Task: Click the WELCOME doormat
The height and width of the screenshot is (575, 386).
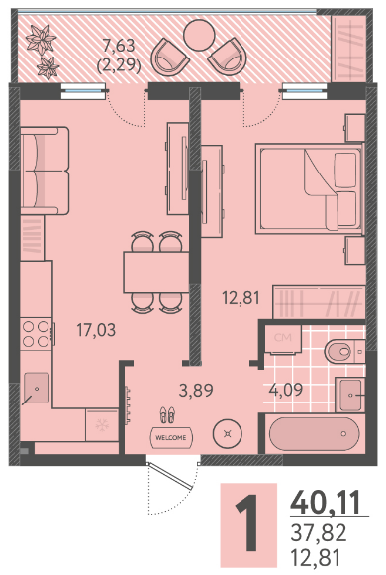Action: coord(171,437)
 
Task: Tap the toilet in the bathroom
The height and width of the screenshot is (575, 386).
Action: coord(344,351)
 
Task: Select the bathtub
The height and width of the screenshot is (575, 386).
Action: coord(314,433)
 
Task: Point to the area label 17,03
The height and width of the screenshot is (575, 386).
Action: coord(96,330)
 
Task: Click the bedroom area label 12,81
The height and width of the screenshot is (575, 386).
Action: coord(241,297)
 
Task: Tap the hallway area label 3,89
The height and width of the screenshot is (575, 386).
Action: coord(196,391)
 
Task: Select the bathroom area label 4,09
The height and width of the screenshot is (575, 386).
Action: coord(286,390)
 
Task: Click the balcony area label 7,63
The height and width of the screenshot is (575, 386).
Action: coord(119,46)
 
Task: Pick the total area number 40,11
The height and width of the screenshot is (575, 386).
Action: coord(326,503)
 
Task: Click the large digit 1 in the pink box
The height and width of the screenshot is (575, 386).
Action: coord(248,522)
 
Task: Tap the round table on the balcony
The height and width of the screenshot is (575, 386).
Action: coord(199,36)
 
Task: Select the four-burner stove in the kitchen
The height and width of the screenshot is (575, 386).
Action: coord(38,334)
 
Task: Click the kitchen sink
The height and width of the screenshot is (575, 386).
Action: coord(37,388)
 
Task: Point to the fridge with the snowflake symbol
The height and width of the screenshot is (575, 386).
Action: coord(102,425)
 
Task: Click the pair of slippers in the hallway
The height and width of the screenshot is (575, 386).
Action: coord(167,414)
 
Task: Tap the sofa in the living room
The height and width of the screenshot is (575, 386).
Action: coord(45,171)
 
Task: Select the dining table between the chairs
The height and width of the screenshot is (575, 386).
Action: coord(156,272)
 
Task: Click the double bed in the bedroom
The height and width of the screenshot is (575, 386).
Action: coord(310,188)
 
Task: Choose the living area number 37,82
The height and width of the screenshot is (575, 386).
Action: coord(319,532)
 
